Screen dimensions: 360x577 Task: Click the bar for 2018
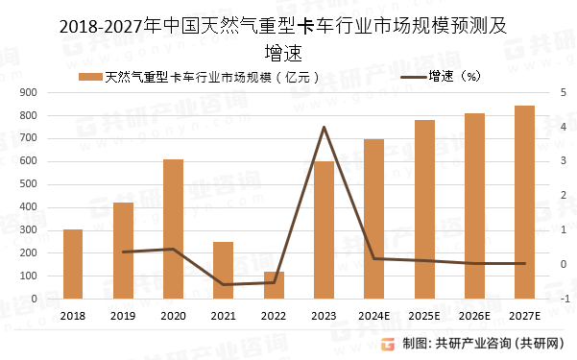tap(73, 264)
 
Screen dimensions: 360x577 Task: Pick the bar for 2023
tap(324, 229)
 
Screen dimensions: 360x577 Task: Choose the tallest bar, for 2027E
tap(524, 202)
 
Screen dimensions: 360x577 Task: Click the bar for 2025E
tap(424, 209)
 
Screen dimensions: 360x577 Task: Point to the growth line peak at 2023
tap(324, 127)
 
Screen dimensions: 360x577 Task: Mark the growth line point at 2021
tap(223, 284)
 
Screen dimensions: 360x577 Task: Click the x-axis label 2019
tap(123, 316)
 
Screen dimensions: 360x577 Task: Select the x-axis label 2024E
tap(374, 316)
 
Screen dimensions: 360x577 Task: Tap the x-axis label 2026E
tap(474, 316)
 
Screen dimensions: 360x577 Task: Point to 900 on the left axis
tap(29, 92)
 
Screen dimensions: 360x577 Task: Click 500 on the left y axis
tap(29, 183)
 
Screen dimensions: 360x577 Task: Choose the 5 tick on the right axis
tap(565, 92)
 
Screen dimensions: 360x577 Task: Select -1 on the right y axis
tap(565, 299)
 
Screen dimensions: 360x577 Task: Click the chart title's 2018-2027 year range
tap(101, 27)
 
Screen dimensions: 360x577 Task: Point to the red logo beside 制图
tap(387, 344)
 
